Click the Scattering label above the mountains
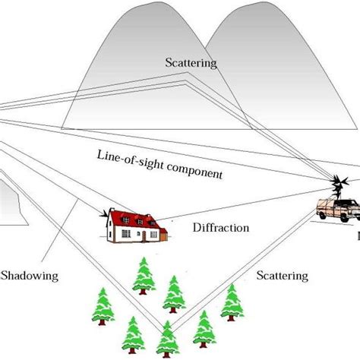click(x=191, y=64)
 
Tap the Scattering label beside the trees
click(x=282, y=275)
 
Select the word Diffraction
click(x=221, y=227)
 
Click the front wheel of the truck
click(x=323, y=220)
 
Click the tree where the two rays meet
click(x=167, y=337)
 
